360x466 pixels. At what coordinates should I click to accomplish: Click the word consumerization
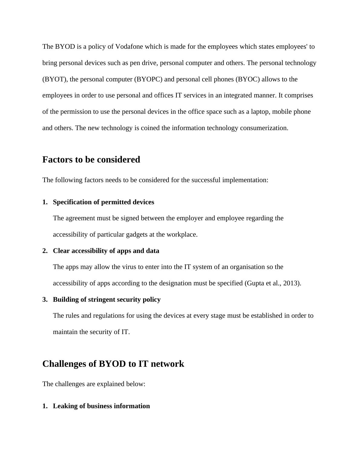(264, 128)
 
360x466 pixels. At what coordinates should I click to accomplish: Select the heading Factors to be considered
(91, 159)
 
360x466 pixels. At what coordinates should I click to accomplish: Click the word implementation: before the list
(245, 180)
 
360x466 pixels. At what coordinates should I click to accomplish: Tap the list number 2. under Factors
(45, 251)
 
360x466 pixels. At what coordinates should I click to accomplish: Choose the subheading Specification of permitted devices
(103, 202)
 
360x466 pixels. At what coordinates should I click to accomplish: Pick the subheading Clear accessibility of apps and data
(106, 251)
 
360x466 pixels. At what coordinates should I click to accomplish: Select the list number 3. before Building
(45, 300)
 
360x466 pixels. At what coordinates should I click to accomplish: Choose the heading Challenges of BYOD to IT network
(113, 363)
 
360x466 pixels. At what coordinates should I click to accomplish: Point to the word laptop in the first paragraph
(260, 112)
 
